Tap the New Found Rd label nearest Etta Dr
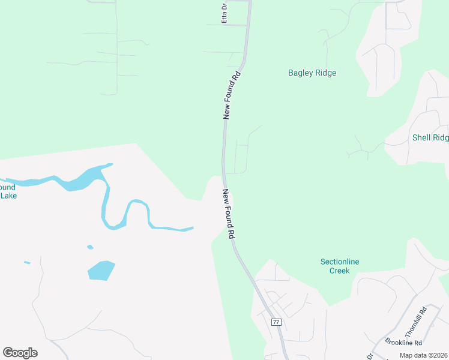(x=232, y=95)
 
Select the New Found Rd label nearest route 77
(x=228, y=214)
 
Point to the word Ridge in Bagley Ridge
(x=326, y=73)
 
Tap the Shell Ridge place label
(x=430, y=137)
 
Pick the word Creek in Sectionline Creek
(x=340, y=271)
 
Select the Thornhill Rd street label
(x=415, y=322)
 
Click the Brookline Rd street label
(x=403, y=343)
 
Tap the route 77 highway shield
(x=276, y=322)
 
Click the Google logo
(x=20, y=353)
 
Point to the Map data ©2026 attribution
(x=423, y=355)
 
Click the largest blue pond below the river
(x=101, y=270)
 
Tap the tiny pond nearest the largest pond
(x=90, y=247)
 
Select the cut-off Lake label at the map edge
(x=8, y=196)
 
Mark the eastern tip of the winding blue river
(x=192, y=227)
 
